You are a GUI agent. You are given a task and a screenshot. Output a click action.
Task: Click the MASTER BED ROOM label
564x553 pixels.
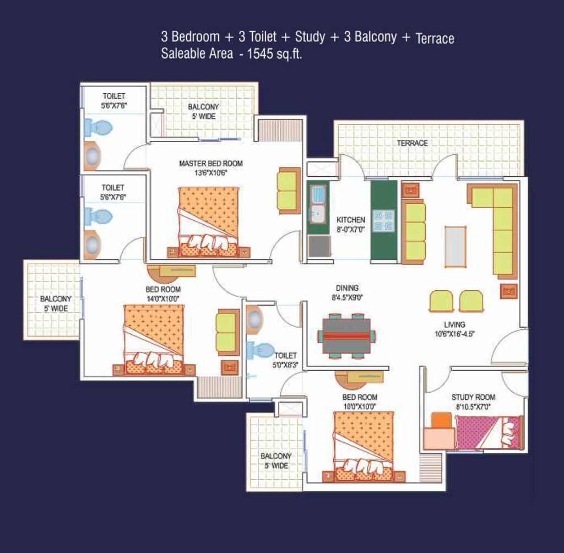[x=211, y=164]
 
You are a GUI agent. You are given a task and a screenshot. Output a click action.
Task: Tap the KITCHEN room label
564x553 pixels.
[x=351, y=219]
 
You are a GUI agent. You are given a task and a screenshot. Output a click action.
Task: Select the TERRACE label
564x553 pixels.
[x=412, y=143]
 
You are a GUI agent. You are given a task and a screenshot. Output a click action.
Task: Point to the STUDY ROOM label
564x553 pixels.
[x=473, y=397]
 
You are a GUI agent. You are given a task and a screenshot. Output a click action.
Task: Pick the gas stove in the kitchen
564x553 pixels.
[x=383, y=220]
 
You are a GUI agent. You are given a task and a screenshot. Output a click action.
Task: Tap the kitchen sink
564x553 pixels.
[x=318, y=204]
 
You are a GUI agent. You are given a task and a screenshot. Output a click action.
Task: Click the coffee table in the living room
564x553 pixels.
[x=455, y=246]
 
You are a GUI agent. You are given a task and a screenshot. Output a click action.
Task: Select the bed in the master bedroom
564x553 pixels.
[x=209, y=222]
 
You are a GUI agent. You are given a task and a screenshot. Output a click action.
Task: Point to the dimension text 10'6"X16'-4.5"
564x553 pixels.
[x=454, y=334]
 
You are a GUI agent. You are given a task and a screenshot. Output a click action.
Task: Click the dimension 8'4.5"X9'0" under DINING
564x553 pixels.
[x=347, y=297]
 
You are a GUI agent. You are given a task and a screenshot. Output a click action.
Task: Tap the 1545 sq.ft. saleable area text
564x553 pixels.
[x=274, y=53]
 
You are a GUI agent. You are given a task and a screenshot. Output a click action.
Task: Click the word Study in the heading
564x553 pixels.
[x=310, y=37]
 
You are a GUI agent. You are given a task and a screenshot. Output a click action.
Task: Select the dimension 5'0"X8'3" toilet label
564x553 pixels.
[x=285, y=365]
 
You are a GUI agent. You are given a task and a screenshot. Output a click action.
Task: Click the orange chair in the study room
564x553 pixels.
[x=441, y=420]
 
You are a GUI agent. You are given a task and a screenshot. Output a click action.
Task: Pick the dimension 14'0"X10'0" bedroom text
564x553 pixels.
[x=163, y=299]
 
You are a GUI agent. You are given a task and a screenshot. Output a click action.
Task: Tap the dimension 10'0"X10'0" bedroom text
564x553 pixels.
[x=360, y=406]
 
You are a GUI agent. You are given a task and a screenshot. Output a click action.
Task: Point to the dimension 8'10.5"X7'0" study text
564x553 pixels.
[x=473, y=407]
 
